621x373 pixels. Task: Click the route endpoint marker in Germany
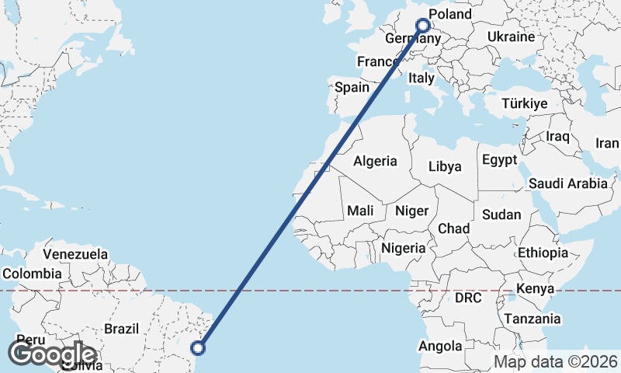click(423, 25)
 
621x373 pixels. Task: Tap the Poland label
click(449, 15)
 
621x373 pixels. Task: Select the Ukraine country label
click(511, 37)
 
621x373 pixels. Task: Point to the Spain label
click(352, 87)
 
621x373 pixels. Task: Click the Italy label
click(422, 78)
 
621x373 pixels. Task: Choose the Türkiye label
click(524, 103)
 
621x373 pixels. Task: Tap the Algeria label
click(375, 162)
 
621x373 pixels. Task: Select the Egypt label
click(499, 160)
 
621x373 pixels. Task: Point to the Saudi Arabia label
click(567, 183)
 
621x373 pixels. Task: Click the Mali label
click(360, 210)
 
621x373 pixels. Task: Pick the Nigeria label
click(403, 248)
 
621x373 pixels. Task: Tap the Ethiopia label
click(543, 253)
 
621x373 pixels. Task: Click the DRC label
click(468, 298)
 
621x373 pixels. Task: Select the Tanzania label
click(533, 319)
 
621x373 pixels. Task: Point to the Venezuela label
click(75, 254)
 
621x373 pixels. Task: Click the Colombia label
click(32, 274)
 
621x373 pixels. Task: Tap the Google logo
click(52, 355)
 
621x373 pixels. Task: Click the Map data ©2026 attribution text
click(556, 361)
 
